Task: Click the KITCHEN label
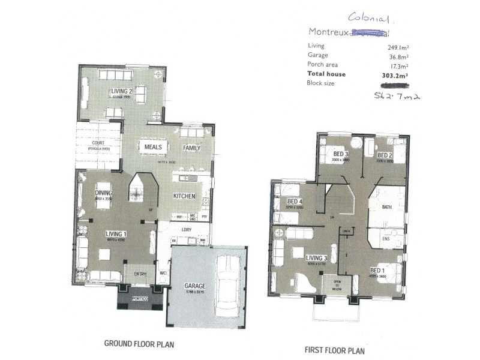click(184, 196)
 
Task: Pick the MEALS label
click(149, 146)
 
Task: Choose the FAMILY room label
click(192, 148)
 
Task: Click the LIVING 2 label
click(121, 91)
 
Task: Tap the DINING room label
click(104, 193)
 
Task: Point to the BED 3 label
click(341, 154)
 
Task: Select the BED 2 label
click(385, 155)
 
